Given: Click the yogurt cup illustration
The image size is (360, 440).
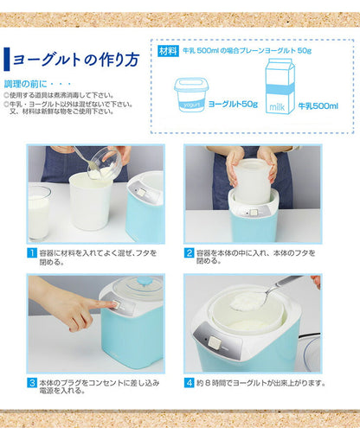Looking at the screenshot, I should point(191,95).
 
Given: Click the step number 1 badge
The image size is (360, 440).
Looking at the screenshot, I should point(32,252).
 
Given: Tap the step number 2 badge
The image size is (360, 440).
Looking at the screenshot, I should point(189,252).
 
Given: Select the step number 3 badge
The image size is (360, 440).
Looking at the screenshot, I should point(32,381).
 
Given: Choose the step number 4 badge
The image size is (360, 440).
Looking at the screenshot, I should point(189,381).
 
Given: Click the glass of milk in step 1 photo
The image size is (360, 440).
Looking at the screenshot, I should point(39,212).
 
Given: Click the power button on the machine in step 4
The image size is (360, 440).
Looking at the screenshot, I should point(211,342).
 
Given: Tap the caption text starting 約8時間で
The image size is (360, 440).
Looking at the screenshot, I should point(260,381).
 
